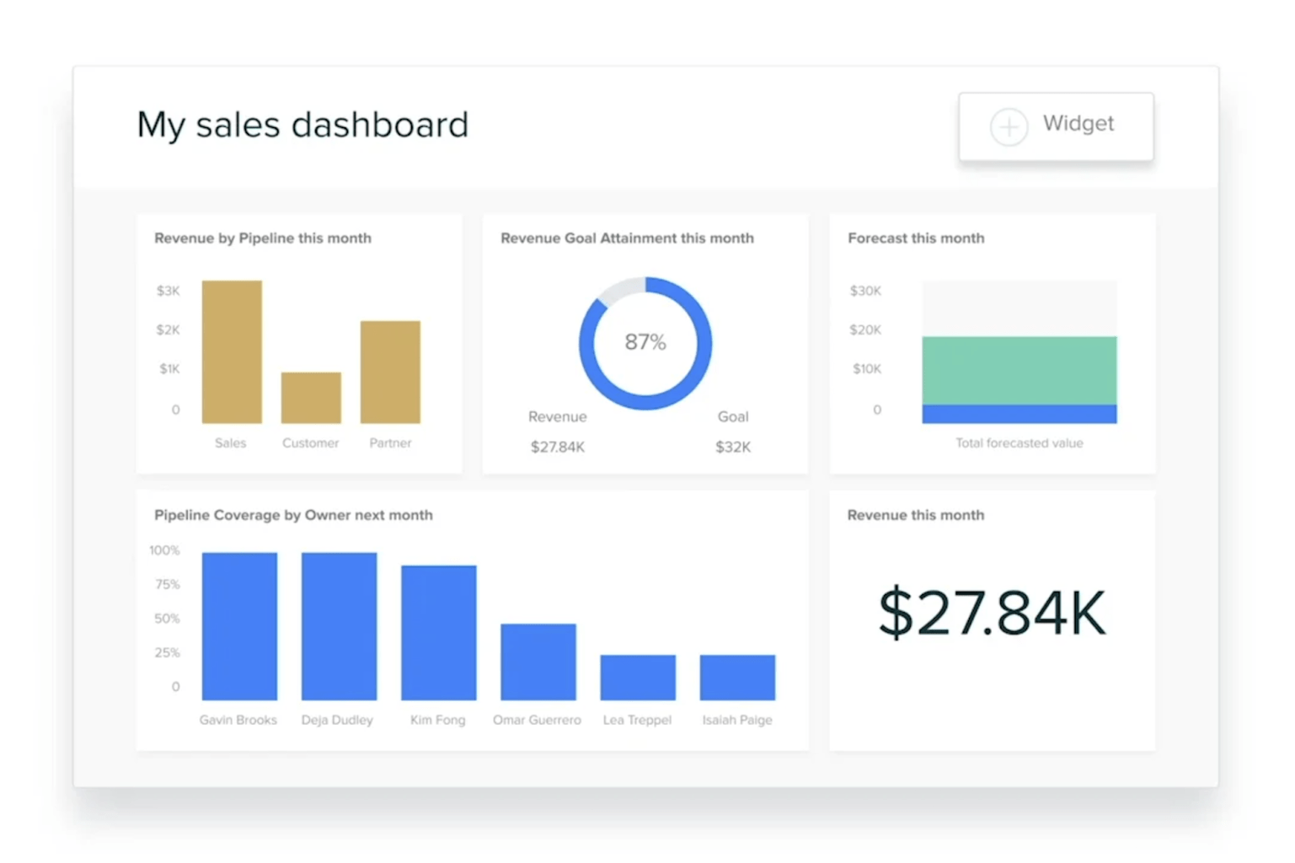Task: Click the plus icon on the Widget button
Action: click(x=1009, y=127)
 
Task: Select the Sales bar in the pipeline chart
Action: click(x=232, y=351)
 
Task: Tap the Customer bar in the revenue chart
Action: click(x=311, y=398)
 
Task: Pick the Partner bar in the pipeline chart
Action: click(x=390, y=372)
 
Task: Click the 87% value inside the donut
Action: click(x=645, y=342)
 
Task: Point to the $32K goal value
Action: click(x=733, y=447)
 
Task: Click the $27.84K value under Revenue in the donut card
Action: click(x=558, y=447)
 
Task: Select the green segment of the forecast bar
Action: click(x=1019, y=370)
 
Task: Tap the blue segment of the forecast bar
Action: click(x=1019, y=414)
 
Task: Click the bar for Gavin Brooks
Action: click(x=239, y=626)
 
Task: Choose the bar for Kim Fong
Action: click(x=439, y=632)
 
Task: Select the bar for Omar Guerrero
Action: click(x=538, y=662)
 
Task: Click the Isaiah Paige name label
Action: click(x=737, y=720)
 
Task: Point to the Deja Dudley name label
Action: click(x=337, y=720)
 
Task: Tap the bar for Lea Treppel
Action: click(x=638, y=678)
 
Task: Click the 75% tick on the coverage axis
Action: click(x=167, y=584)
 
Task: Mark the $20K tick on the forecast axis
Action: click(x=865, y=330)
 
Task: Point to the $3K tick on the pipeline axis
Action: click(x=168, y=291)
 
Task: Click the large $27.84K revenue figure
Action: click(x=992, y=613)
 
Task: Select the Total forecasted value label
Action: click(x=1019, y=442)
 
